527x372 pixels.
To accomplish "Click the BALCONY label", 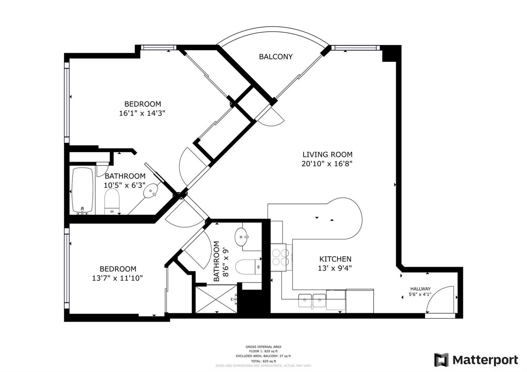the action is point(276,57).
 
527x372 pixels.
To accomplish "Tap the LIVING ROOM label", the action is point(327,154).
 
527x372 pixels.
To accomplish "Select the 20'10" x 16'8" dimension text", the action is point(327,164).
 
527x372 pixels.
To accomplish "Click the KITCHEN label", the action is point(335,259).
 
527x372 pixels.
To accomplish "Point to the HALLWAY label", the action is point(420,289).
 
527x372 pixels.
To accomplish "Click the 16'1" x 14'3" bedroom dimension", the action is point(142,113).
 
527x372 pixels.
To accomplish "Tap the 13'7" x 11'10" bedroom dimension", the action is point(117,278).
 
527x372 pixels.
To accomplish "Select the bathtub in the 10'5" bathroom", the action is point(83,190).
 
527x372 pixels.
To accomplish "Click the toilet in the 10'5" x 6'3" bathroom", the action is point(112,202).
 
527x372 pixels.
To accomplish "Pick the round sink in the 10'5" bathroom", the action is point(151,190).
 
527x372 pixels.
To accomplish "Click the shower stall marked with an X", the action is point(216,299).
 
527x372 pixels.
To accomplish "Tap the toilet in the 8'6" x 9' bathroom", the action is point(248,267).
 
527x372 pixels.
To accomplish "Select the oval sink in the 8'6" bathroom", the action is point(242,237).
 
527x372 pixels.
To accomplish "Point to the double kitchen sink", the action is point(312,301).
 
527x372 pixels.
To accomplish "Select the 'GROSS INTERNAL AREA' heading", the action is point(263,347).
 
